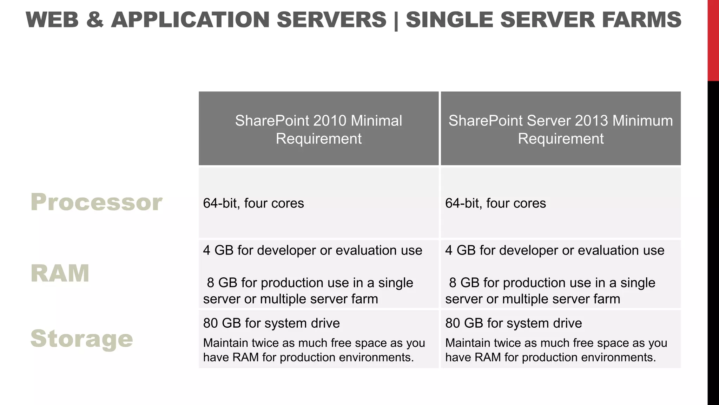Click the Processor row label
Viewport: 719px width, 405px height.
coord(96,202)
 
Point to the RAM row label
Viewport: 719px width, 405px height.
coord(60,273)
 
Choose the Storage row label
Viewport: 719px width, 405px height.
coord(82,339)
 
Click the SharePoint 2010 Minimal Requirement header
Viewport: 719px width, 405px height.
coord(318,129)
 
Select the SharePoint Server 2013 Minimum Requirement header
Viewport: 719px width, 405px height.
coord(561,129)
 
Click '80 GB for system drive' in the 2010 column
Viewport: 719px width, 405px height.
coord(271,323)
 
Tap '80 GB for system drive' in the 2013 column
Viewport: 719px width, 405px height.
coord(514,323)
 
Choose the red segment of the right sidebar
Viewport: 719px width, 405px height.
coord(713,40)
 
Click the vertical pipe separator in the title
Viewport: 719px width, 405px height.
coord(396,20)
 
